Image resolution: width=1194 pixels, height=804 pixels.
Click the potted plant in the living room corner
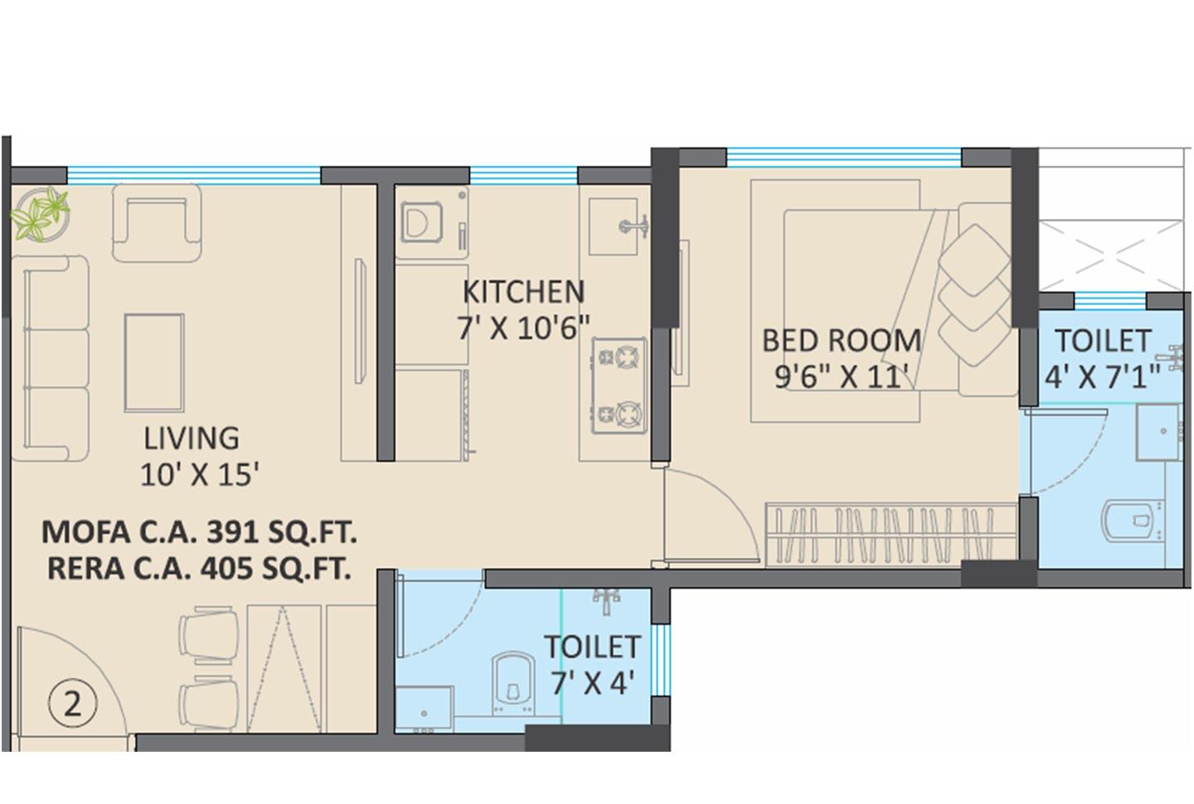pos(38,214)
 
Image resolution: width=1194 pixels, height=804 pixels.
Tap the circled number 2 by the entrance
pos(73,705)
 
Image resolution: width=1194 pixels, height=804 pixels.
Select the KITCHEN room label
pos(523,292)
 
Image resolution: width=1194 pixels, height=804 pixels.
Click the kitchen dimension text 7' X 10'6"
pos(523,328)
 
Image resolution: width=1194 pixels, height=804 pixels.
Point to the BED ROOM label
pos(841,341)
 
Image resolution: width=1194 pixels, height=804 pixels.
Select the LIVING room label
pos(192,438)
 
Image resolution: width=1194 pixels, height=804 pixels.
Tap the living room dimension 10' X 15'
pos(200,474)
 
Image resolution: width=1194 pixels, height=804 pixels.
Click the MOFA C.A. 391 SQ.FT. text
pos(199,531)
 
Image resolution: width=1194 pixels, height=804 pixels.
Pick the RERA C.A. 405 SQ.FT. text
pos(199,569)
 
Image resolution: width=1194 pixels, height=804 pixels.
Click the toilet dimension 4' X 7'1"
pos(1102,377)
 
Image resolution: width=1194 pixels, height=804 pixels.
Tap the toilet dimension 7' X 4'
pos(592,683)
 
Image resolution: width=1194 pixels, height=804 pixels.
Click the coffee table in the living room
pos(154,362)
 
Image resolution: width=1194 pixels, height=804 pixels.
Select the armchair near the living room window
pos(157,221)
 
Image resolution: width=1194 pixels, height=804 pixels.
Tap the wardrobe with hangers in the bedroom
pos(891,535)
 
